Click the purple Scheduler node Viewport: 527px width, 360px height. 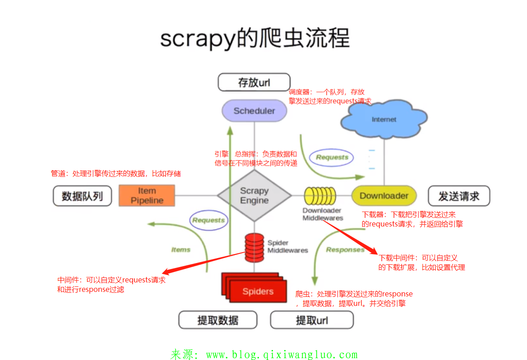254,111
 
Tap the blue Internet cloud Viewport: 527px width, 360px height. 384,119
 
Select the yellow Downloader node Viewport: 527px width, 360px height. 384,196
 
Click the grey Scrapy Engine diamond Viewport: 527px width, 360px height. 254,195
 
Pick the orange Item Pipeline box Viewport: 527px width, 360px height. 147,196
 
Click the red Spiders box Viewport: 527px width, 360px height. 254,288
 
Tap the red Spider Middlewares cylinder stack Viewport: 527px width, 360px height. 254,248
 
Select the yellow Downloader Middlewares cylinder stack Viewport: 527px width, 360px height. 320,196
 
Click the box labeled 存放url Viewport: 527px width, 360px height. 254,83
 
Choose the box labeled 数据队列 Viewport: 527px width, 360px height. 82,196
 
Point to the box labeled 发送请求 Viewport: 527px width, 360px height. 459,196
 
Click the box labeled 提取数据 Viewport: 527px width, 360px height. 218,320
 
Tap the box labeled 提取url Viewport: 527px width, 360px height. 312,320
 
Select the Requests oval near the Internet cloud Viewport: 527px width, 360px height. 332,157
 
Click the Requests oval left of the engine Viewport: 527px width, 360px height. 209,220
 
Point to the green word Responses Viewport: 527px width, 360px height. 345,250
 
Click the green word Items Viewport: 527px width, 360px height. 181,249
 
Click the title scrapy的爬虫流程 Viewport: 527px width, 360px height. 255,38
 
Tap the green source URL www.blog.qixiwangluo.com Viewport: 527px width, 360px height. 282,354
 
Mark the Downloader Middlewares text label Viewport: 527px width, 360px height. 323,214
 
